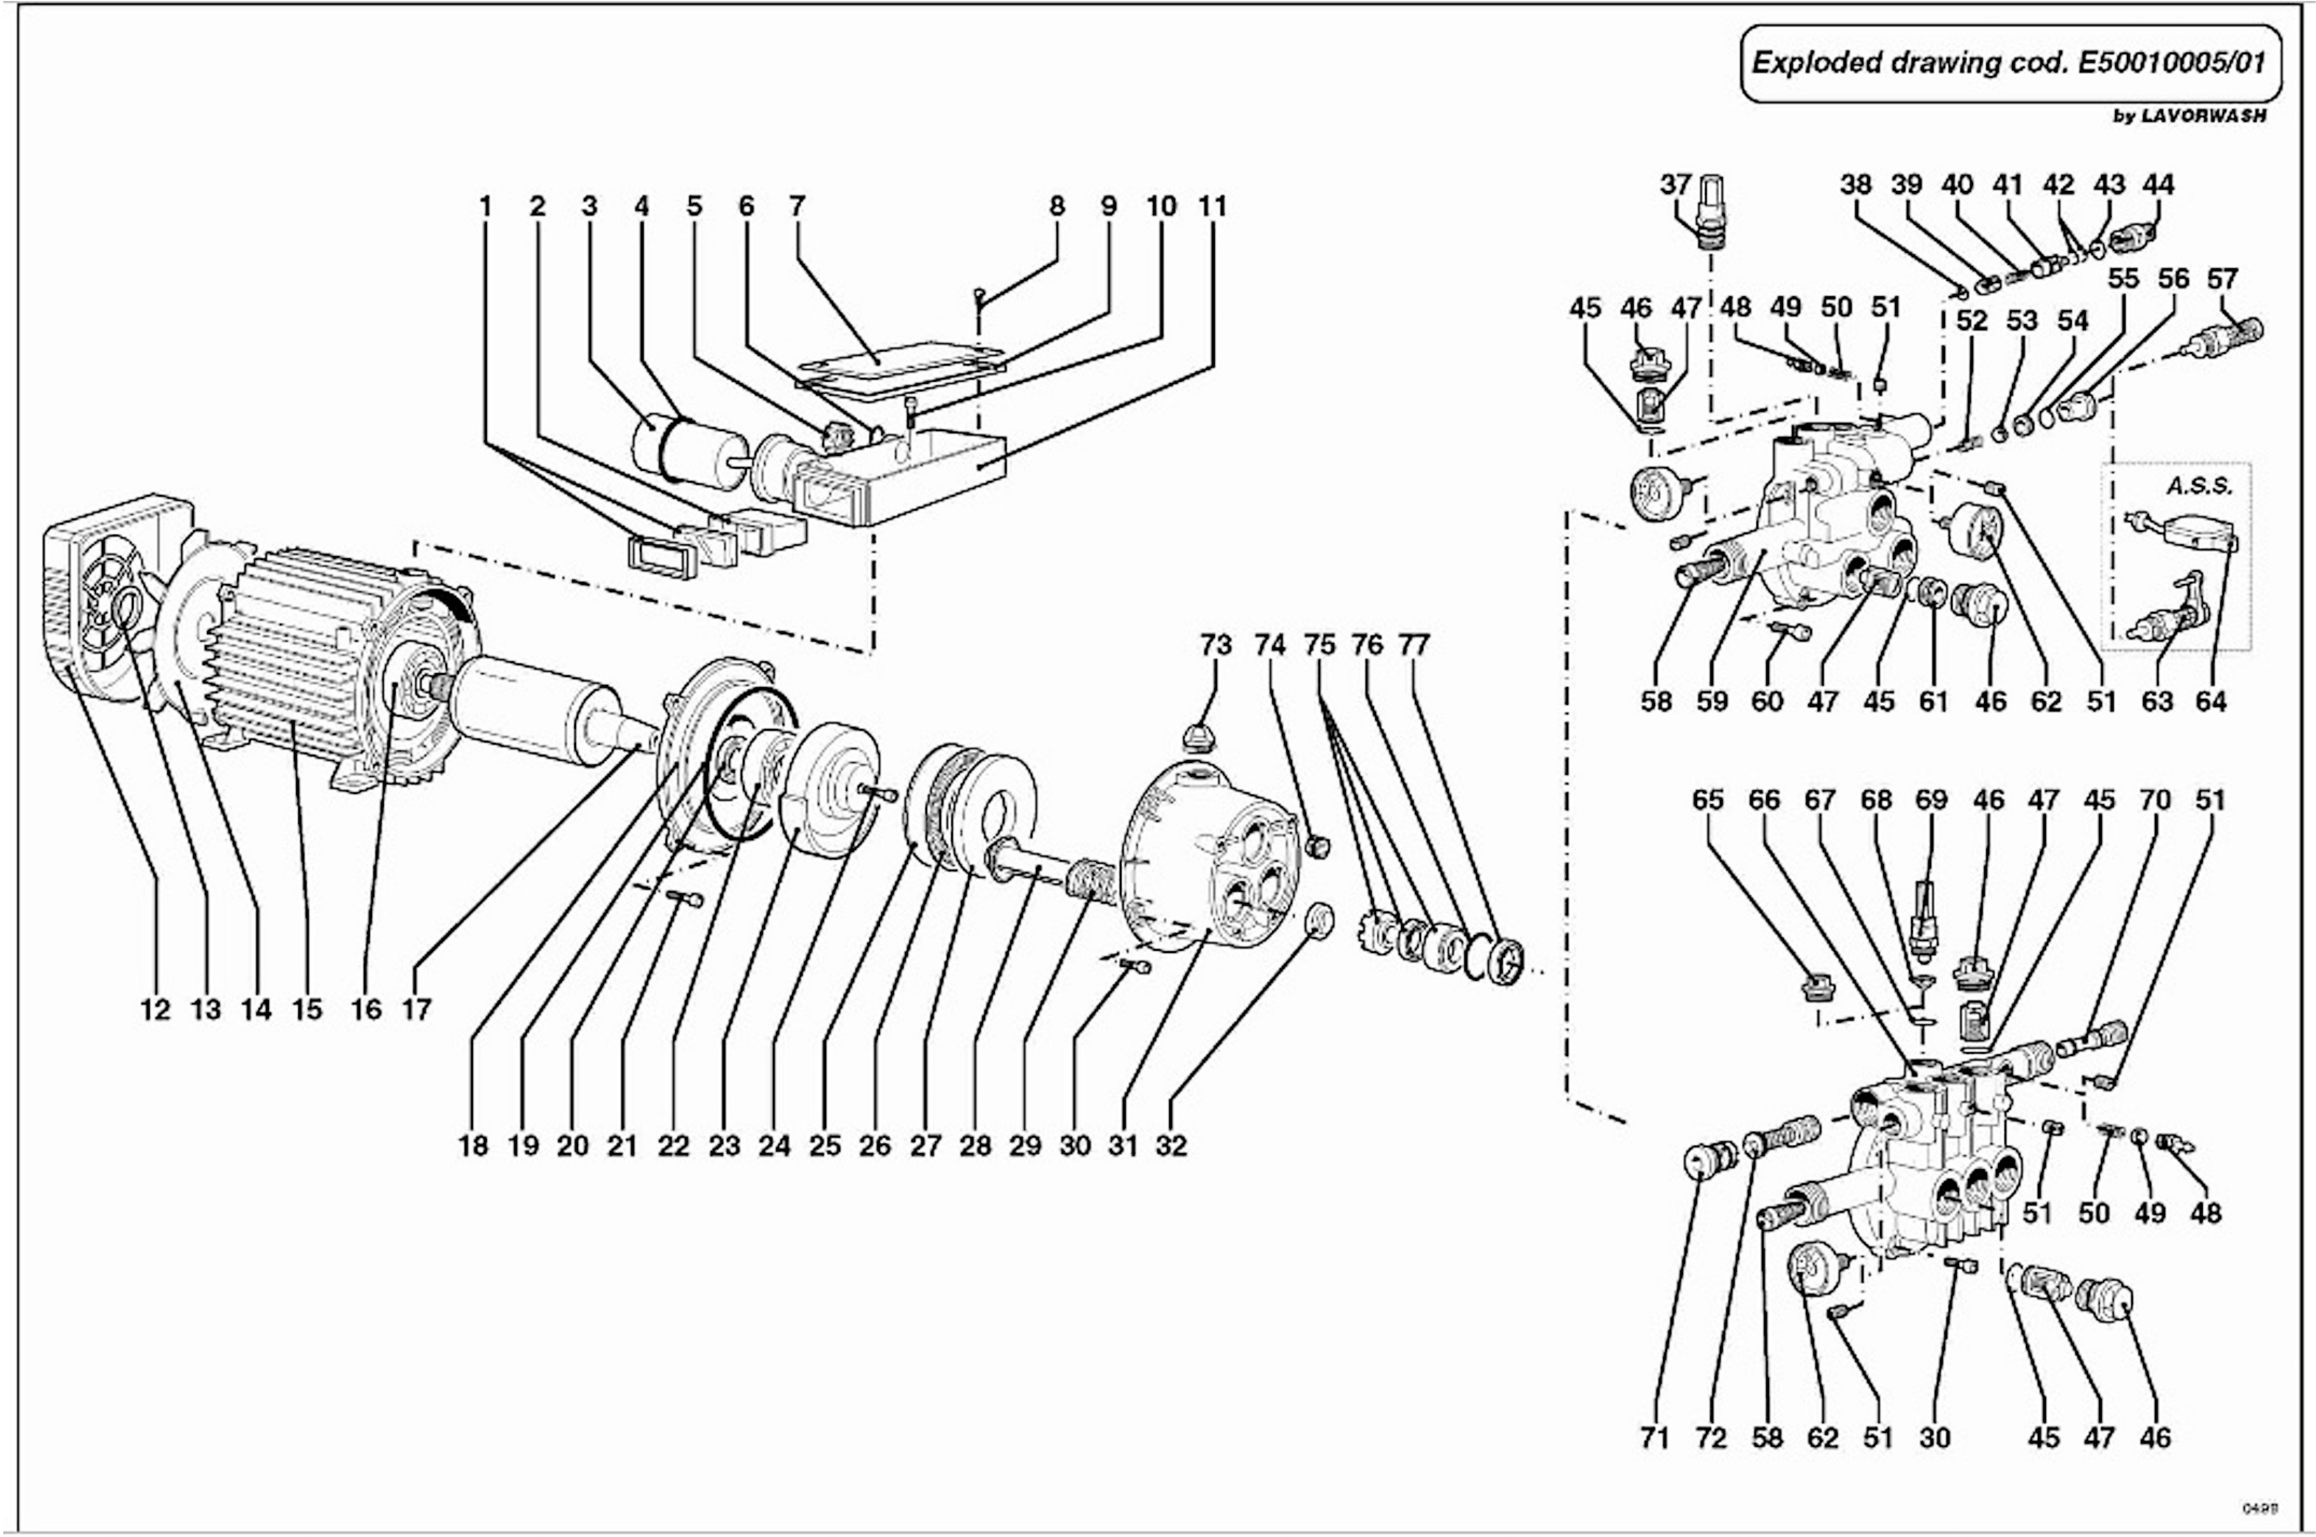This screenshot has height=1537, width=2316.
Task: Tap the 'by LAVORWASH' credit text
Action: [x=2189, y=116]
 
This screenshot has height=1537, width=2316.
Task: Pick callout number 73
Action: [x=1215, y=645]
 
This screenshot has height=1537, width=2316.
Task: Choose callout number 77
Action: [x=1414, y=645]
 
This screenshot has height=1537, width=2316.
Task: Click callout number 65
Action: [x=1707, y=800]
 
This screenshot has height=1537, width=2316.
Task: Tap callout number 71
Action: [x=1655, y=1438]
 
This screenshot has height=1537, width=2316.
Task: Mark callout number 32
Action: [x=1171, y=1145]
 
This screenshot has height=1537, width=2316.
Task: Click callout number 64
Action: [x=2211, y=702]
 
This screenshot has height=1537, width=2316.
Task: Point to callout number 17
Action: [x=417, y=1010]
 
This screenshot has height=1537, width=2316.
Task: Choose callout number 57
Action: [x=2222, y=278]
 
